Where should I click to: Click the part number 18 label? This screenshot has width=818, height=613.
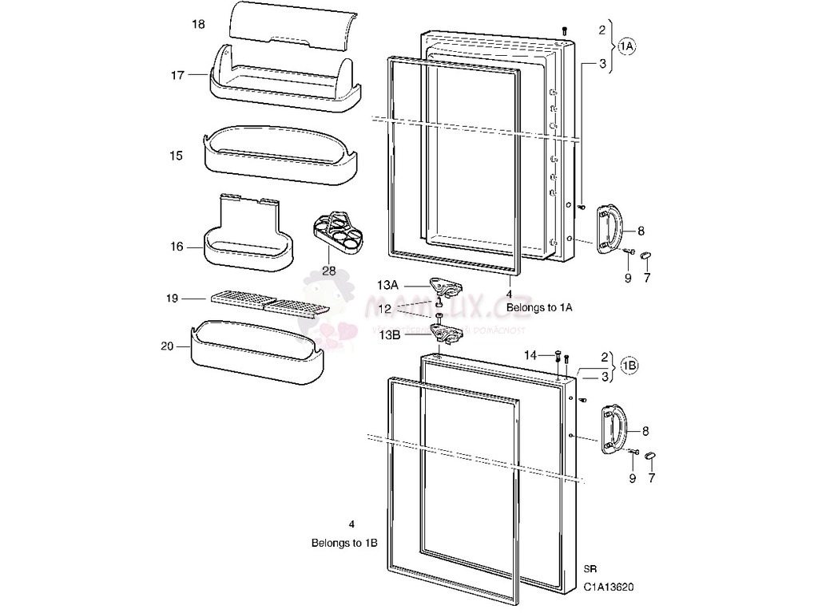point(198,25)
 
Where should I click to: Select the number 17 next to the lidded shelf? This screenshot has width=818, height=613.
point(177,75)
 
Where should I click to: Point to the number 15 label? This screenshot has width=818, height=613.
point(177,156)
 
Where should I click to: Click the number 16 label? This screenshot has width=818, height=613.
point(177,247)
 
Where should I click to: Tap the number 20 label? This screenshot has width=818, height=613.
point(167,346)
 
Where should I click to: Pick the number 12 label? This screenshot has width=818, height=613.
point(385,309)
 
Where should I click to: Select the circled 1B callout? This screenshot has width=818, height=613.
point(628,367)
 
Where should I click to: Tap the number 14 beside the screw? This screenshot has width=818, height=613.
point(530,354)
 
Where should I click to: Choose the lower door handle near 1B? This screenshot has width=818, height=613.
point(614,428)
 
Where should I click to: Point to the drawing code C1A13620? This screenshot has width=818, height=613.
point(610,587)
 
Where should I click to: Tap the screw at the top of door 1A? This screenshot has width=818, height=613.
point(566,30)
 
